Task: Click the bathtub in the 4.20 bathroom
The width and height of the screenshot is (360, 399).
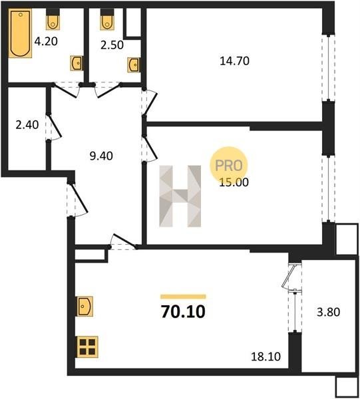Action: [20, 34]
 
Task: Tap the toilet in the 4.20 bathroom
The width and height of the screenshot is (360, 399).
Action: [53, 19]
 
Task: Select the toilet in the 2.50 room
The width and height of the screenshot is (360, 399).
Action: [107, 19]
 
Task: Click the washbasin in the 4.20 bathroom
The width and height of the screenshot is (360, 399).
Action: [77, 63]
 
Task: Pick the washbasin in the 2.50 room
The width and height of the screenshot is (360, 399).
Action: [134, 65]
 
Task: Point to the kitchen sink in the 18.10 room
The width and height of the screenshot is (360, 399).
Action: [85, 306]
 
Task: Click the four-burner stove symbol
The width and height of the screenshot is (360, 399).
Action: [87, 347]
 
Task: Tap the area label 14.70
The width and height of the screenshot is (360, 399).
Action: [234, 61]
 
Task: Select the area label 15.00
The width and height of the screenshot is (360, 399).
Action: [234, 182]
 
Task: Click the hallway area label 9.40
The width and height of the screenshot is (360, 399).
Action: [101, 156]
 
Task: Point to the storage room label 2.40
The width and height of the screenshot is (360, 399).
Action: [27, 125]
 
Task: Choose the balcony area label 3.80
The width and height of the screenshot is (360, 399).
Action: [328, 312]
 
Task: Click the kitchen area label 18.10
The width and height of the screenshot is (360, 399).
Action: [266, 356]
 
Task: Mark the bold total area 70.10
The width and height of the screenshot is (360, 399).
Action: [183, 312]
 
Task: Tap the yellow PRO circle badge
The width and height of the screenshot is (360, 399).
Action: [229, 166]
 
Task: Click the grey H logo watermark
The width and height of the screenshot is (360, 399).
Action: [180, 196]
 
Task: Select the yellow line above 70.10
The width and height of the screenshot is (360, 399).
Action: [183, 297]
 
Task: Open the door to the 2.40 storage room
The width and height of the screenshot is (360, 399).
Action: [55, 126]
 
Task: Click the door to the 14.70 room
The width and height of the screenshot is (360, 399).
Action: [150, 102]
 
